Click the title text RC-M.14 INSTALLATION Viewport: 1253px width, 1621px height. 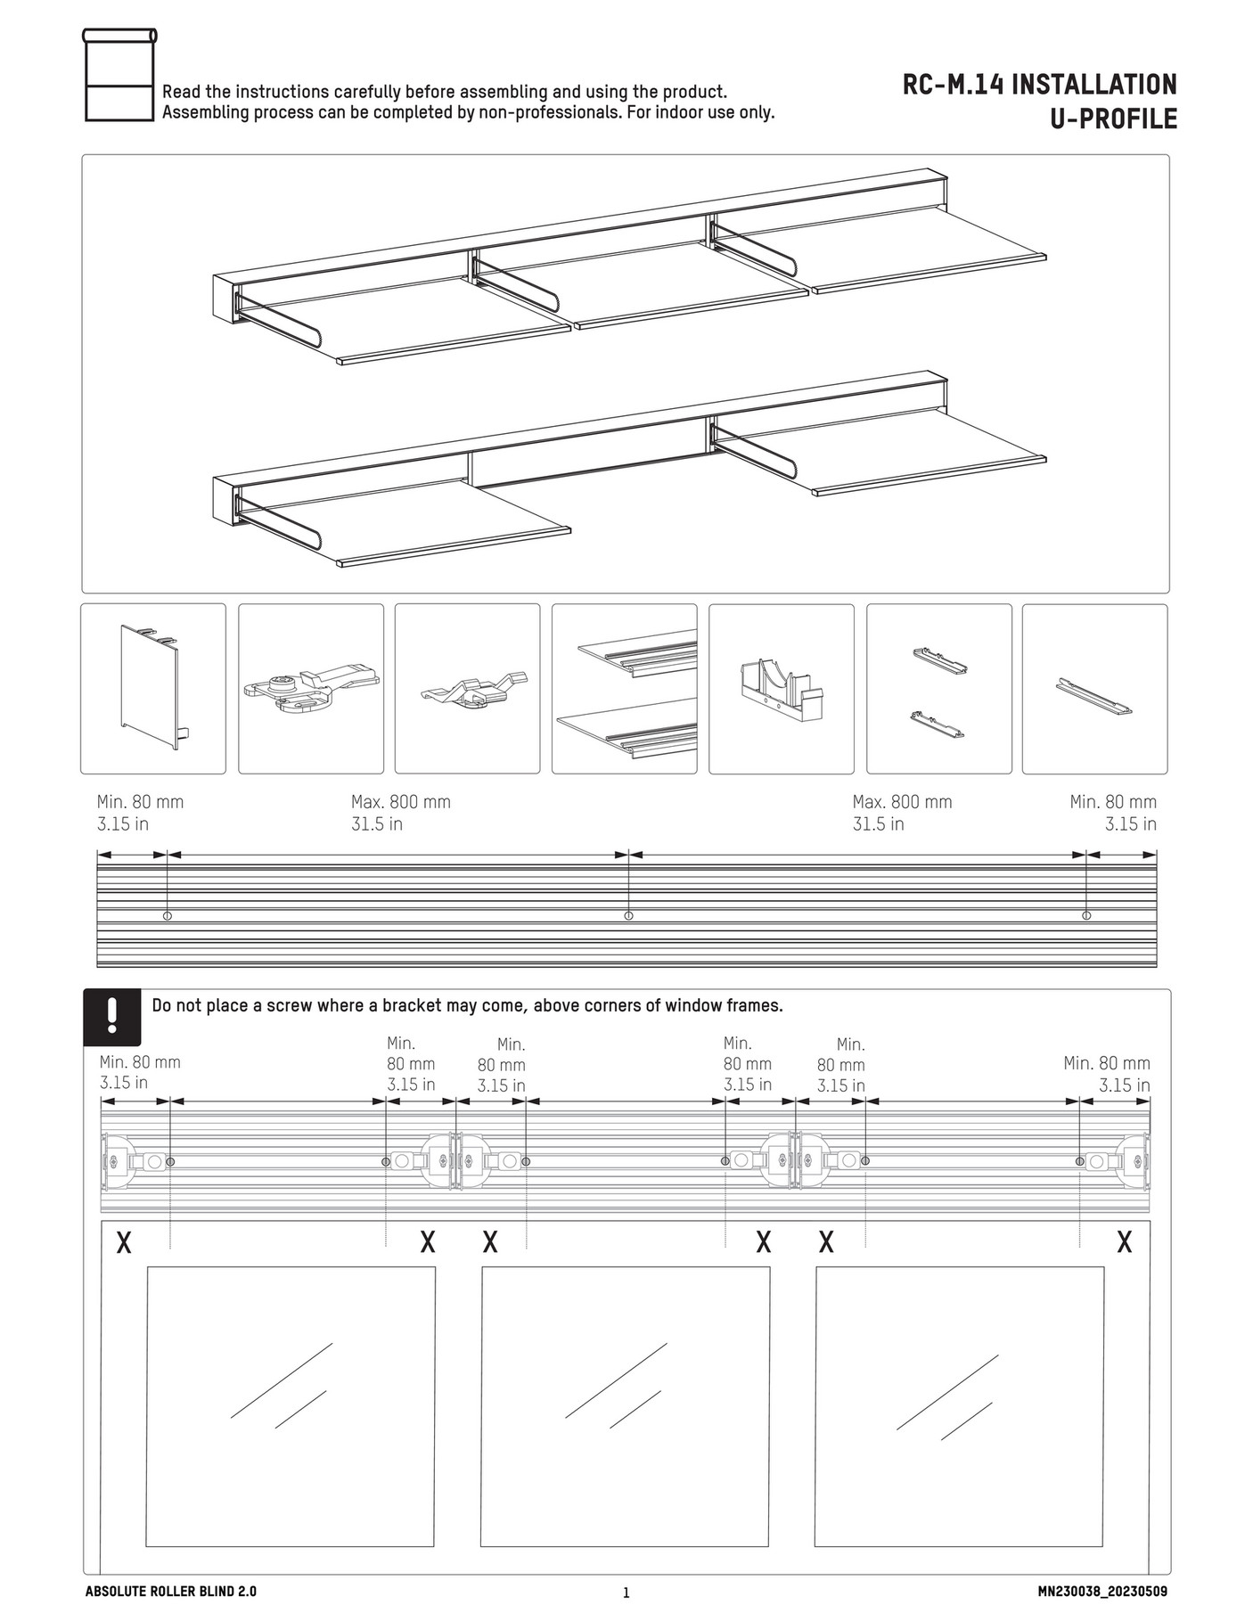pos(1039,85)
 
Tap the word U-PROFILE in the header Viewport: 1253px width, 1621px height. pos(1113,119)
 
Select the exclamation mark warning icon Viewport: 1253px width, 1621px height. pos(112,1017)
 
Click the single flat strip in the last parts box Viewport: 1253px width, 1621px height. pos(1093,697)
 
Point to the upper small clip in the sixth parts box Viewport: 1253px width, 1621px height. pos(940,660)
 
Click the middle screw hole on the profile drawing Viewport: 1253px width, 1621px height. pos(628,915)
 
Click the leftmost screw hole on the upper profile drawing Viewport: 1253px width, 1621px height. pos(168,915)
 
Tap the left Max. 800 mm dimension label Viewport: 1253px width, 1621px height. pos(400,802)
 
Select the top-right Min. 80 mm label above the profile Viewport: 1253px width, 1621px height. pos(1112,802)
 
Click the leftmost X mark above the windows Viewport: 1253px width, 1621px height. pos(124,1242)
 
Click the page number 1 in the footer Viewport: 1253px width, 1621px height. pos(626,1593)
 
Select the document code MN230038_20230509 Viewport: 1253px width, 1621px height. pos(1101,1592)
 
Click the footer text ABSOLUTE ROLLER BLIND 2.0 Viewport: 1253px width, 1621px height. pos(170,1592)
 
